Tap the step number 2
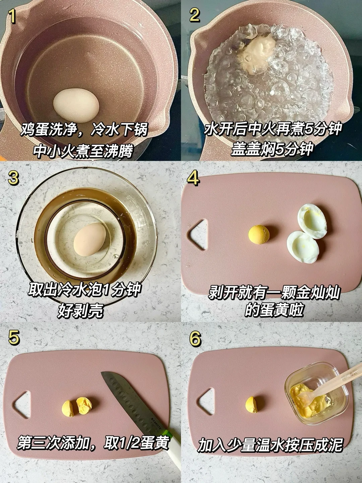coord(194,15)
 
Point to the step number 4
coord(193,178)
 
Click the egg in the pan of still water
coord(76,106)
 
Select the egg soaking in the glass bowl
coord(89,240)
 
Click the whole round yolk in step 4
coord(259,234)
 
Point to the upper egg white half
coord(312,221)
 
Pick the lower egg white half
coord(303,247)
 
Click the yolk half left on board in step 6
coord(251,405)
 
